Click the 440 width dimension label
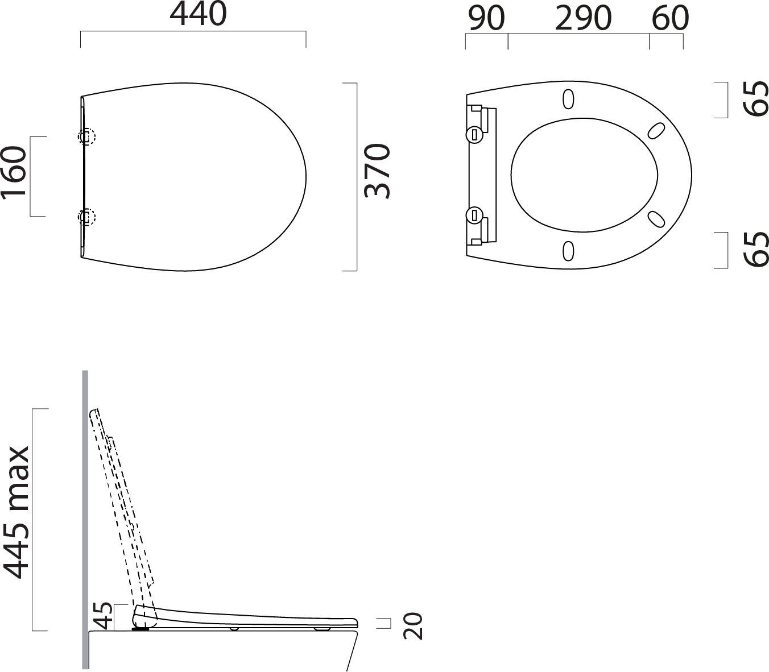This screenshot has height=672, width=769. click(198, 14)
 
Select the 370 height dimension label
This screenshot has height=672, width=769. click(377, 171)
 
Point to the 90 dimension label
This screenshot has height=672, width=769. click(486, 18)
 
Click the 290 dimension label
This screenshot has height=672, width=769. click(584, 18)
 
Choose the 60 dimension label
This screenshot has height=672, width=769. click(670, 18)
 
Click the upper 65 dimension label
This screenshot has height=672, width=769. click(755, 98)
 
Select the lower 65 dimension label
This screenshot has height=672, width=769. click(755, 250)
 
